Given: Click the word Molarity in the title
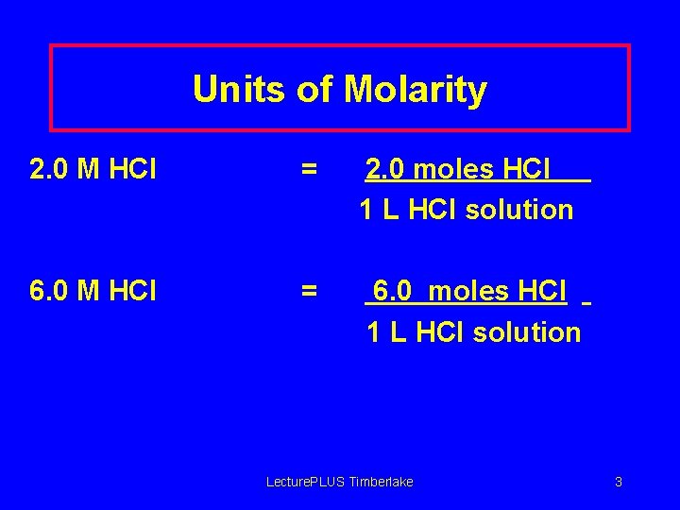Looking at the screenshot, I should click(416, 91).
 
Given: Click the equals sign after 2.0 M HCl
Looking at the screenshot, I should click(309, 170).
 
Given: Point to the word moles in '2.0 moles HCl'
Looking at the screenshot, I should click(454, 170).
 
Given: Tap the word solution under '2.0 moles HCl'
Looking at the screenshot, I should click(519, 210).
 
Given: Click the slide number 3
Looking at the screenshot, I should click(619, 482).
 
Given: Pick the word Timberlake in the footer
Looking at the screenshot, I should click(382, 482).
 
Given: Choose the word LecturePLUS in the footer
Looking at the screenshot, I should click(305, 482).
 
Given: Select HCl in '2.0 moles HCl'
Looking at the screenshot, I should click(528, 170).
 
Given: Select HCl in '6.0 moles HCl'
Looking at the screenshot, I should click(544, 292).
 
